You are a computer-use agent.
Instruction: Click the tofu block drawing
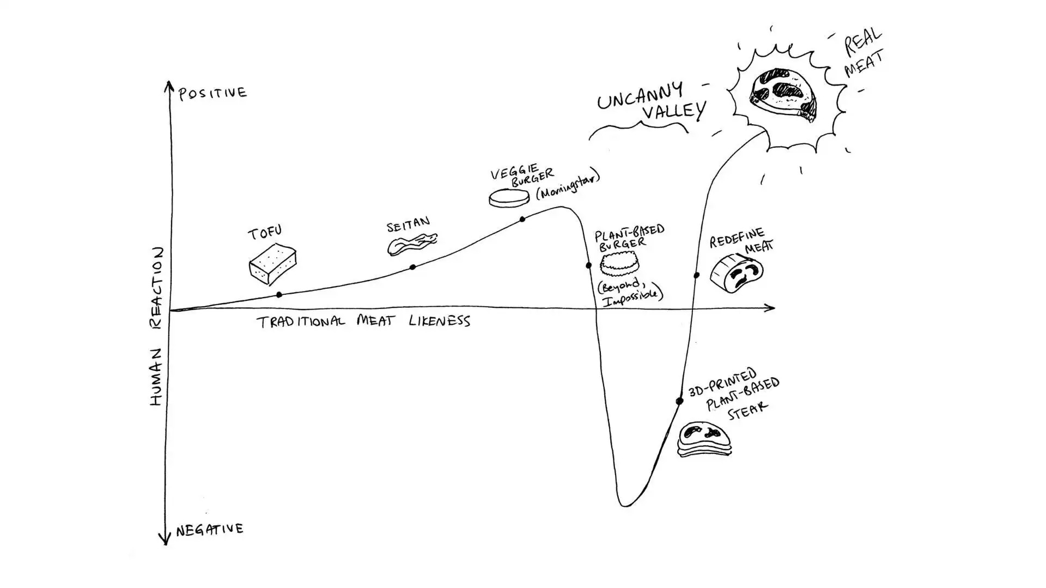[272, 264]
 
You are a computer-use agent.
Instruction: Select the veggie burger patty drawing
[509, 198]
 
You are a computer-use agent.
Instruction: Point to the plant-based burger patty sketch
[619, 265]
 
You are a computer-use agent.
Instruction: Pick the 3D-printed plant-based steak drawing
[704, 439]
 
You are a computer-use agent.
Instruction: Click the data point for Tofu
[279, 295]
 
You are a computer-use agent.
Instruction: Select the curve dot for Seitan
[412, 267]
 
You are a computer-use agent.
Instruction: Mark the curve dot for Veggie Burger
[522, 220]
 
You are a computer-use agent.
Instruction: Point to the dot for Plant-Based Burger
[588, 266]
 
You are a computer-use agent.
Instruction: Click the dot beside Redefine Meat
[696, 276]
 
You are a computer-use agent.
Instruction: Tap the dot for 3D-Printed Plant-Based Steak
[679, 402]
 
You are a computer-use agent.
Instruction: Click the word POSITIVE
[213, 93]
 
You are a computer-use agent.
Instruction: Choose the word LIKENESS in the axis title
[439, 321]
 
